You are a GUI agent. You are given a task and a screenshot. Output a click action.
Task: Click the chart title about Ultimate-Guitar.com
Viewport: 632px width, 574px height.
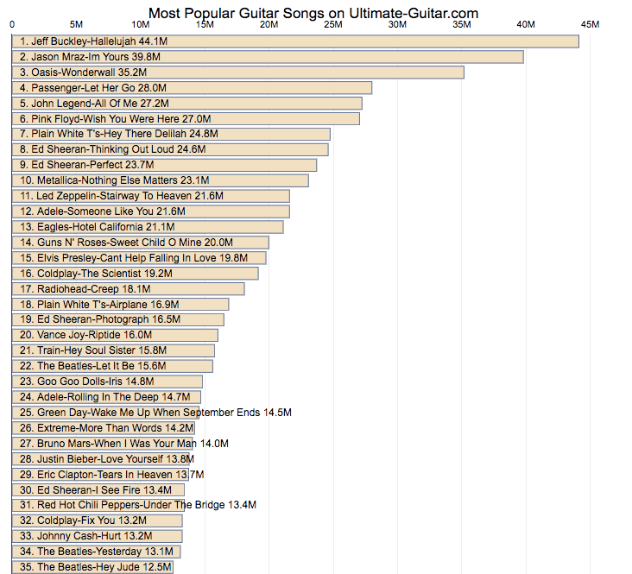[313, 13]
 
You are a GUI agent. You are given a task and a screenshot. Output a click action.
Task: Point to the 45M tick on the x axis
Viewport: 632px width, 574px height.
[590, 25]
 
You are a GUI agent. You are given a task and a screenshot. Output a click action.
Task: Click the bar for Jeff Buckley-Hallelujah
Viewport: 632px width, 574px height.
[295, 41]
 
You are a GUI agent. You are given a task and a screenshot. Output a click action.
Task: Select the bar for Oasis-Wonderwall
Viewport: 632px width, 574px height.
[238, 73]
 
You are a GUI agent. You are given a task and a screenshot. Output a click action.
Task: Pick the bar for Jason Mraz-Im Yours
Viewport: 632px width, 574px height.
[268, 57]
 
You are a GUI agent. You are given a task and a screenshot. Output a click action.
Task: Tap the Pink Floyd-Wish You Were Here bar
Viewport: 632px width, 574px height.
[186, 118]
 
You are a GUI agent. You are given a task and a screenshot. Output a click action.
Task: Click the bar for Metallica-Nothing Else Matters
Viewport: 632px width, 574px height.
[161, 180]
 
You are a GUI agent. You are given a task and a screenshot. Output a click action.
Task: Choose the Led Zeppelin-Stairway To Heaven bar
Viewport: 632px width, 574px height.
[151, 196]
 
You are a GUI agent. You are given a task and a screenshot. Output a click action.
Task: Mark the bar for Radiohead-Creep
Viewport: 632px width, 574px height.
[129, 289]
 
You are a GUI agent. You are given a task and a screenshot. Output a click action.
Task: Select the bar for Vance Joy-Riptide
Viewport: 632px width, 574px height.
[116, 335]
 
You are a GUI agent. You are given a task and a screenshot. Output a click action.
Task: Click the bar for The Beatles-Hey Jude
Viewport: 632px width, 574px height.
[93, 567]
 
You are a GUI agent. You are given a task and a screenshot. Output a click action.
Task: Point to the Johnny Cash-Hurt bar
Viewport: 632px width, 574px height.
[98, 536]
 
